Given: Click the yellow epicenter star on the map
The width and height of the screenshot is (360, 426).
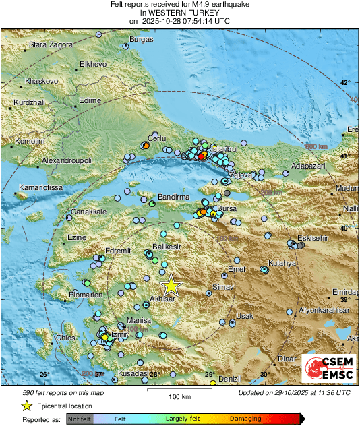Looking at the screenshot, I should tap(171, 285).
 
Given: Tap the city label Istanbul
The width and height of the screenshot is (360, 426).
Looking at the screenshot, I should tap(222, 148).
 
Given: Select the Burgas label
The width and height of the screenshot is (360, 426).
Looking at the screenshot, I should tap(142, 40).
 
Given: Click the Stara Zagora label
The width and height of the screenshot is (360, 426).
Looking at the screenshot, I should tap(49, 46).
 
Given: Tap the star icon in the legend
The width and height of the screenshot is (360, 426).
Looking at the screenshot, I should tap(27, 406).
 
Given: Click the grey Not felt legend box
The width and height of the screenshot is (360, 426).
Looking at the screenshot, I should tap(80, 419).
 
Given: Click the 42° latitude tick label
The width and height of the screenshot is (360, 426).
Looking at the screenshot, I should tap(344, 83).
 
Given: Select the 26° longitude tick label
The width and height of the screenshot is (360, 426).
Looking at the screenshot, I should tap(44, 374).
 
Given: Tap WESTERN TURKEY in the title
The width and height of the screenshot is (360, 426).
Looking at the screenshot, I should tap(179, 12).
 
